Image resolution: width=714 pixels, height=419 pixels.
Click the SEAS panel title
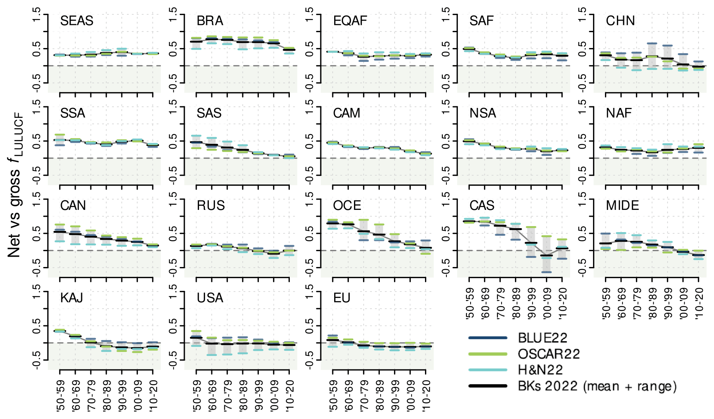(77, 21)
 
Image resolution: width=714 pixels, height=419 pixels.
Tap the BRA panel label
(210, 21)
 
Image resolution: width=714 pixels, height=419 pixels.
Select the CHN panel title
(620, 21)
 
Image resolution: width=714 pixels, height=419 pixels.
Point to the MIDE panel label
(622, 206)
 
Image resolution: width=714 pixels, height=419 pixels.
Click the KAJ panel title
(72, 298)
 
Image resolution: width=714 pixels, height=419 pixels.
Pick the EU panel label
(342, 298)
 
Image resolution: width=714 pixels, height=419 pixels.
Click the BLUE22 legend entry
(542, 338)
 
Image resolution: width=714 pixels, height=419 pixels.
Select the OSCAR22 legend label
(549, 354)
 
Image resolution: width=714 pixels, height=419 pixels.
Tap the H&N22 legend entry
(540, 370)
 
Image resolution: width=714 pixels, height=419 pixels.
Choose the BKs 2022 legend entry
(597, 386)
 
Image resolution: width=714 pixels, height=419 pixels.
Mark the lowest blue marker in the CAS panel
(546, 272)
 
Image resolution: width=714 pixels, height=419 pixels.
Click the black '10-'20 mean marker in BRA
(289, 49)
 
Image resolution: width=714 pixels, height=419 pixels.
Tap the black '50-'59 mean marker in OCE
(333, 223)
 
